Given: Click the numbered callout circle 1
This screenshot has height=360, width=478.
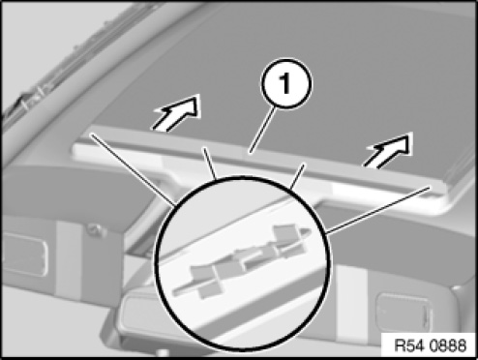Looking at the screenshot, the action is pos(286,83).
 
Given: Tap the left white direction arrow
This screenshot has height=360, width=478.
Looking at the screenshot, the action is pos(177,112).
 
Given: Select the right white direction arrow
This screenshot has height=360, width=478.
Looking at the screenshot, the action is pos(389,150).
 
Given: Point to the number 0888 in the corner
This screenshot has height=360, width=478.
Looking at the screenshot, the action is pos(447,345).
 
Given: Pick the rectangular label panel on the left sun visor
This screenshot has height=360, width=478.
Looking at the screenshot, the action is pos(23,255).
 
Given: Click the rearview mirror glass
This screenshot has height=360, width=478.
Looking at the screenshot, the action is pos(142,319).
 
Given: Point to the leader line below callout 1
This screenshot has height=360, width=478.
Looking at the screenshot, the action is pos(263,130).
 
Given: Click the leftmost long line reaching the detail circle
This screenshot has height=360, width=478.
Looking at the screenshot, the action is pos(134,170).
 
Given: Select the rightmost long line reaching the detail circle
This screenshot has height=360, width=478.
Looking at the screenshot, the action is pos(378,209).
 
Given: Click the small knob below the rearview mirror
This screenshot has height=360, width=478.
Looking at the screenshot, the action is pos(163,351).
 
